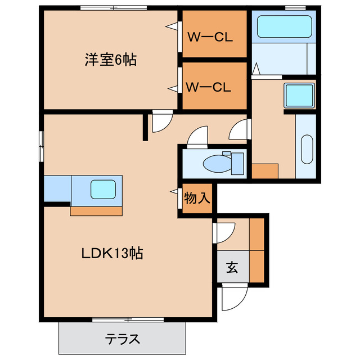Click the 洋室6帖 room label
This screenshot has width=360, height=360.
tap(111, 60)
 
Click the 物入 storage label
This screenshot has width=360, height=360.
tap(197, 198)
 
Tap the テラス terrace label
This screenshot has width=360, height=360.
tap(123, 339)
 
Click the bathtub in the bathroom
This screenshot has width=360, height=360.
tap(284, 26)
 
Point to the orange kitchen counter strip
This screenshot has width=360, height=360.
tap(96, 211)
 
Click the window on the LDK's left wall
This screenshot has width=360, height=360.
tap(40, 146)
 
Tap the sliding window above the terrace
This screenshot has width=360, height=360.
tap(128, 319)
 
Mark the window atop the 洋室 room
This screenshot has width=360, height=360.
tap(114, 8)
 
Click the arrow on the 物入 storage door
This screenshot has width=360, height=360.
tap(175, 192)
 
